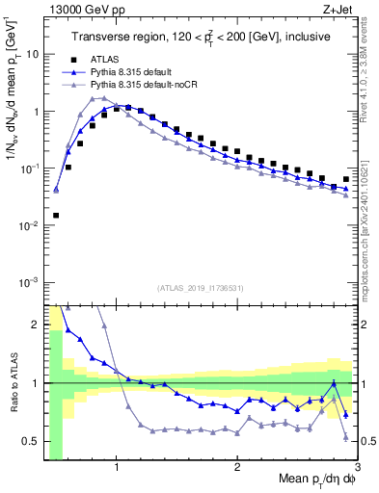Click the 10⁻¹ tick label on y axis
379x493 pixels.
pos(29,168)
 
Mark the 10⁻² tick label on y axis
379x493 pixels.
pos(29,225)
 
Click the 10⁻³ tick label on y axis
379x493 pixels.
pos(29,282)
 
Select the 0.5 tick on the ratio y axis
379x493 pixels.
pos(30,441)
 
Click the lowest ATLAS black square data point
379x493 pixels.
pos(56,216)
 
